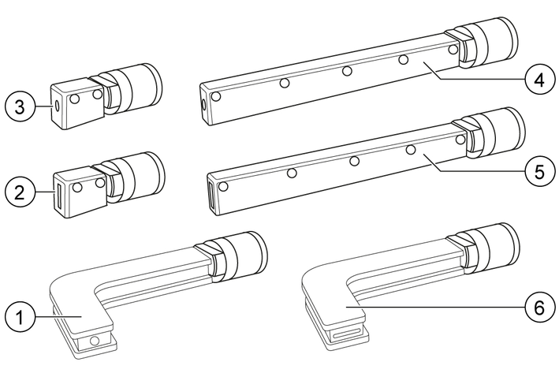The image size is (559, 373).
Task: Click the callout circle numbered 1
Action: (20, 317)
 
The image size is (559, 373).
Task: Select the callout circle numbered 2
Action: (20, 193)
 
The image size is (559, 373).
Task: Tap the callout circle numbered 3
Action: (20, 106)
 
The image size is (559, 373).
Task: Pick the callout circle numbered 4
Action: (540, 80)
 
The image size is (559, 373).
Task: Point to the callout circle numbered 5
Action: (540, 171)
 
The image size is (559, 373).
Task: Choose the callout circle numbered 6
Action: (540, 306)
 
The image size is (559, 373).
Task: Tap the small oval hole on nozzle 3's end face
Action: (56, 106)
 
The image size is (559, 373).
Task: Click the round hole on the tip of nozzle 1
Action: (95, 341)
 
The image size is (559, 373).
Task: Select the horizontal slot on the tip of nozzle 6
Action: (345, 334)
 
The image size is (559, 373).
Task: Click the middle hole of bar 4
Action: (347, 71)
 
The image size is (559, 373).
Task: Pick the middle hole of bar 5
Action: (354, 161)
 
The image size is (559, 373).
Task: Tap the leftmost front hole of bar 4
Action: (216, 96)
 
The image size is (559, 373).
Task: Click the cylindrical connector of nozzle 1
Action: (240, 255)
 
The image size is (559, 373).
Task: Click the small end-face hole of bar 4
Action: (203, 104)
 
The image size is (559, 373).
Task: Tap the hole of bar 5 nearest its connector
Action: (460, 140)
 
